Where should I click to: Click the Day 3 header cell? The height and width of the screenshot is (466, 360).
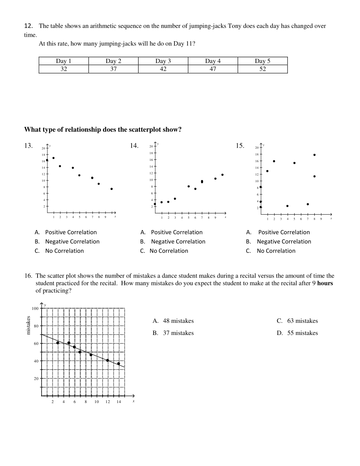click(x=163, y=61)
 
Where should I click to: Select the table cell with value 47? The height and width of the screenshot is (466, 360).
click(x=213, y=69)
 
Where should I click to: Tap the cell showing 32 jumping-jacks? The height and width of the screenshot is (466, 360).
click(x=64, y=69)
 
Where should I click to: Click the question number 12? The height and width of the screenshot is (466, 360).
click(x=28, y=26)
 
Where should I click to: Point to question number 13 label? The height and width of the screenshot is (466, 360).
click(x=28, y=146)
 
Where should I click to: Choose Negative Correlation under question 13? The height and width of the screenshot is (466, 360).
click(x=72, y=241)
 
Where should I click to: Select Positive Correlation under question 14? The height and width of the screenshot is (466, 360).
click(x=177, y=232)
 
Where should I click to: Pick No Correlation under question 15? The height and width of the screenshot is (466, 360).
click(x=276, y=251)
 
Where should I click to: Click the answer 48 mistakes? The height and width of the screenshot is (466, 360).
click(x=178, y=321)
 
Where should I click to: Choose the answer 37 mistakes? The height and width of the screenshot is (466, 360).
click(x=178, y=333)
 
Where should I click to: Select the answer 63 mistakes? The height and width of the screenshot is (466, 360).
click(x=302, y=321)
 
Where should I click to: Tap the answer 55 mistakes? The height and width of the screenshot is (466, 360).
click(x=302, y=333)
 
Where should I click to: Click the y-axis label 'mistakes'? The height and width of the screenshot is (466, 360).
click(x=28, y=325)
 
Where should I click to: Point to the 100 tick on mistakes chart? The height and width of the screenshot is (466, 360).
click(x=35, y=308)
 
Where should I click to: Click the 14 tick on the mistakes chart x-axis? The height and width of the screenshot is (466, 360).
click(x=119, y=402)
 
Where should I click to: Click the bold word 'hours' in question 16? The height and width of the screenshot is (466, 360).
click(x=325, y=283)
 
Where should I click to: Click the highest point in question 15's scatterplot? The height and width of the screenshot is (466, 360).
click(x=314, y=155)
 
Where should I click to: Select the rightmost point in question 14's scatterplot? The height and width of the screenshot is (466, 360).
click(x=222, y=175)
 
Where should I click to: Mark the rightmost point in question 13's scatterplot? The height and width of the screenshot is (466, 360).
click(x=111, y=189)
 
